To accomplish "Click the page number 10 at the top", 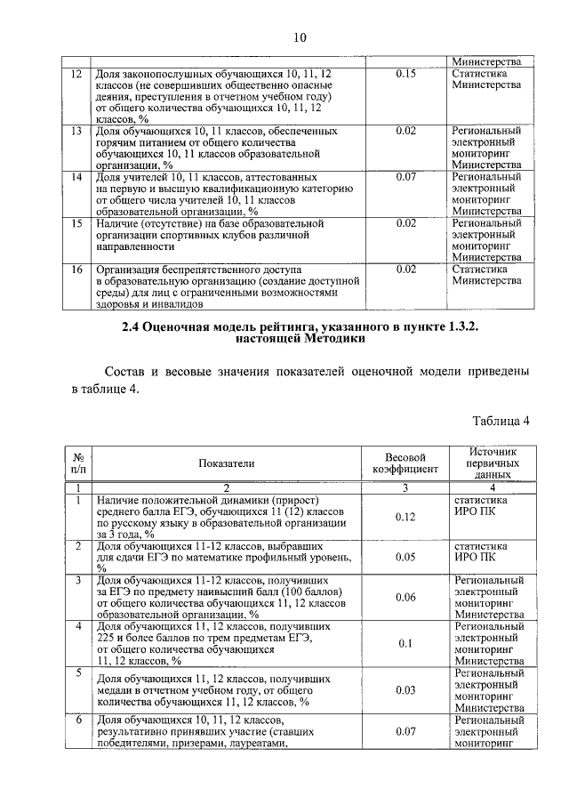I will [x=299, y=36].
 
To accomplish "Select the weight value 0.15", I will [x=405, y=73].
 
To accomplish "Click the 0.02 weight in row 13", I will [x=405, y=131].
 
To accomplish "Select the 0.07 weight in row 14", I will [x=405, y=177].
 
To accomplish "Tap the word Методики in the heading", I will [x=333, y=339].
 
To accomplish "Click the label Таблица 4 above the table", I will [x=501, y=421].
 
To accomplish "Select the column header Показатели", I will [x=226, y=463].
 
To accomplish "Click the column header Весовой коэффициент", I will [x=405, y=463].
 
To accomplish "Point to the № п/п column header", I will [x=77, y=463].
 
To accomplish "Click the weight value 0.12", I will [x=405, y=517].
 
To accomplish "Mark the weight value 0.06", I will [x=405, y=597].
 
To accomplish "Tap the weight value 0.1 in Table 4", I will [x=405, y=643].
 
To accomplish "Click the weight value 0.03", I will [x=405, y=690].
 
